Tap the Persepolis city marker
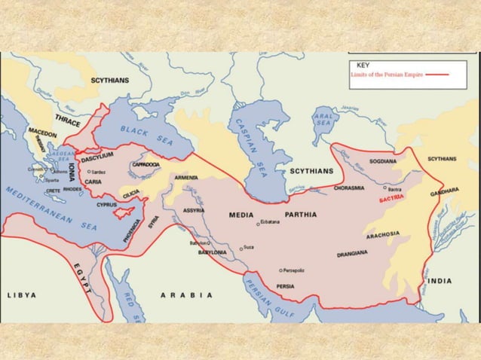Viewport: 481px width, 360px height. point(280,270)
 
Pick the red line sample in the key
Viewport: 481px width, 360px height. point(438,75)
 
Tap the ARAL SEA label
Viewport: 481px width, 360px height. point(324,121)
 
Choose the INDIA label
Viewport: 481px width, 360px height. point(440,281)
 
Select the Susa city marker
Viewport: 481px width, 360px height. point(240,248)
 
